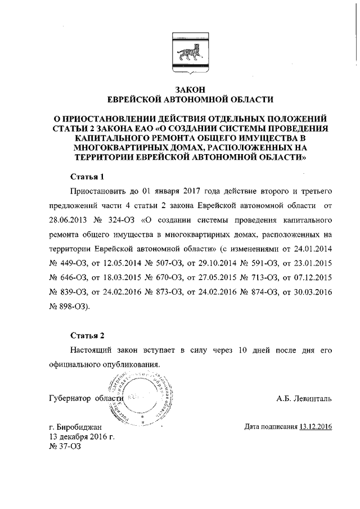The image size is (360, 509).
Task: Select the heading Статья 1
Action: (x=87, y=176)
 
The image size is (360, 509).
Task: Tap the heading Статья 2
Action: (x=87, y=336)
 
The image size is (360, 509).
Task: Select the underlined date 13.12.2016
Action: (x=316, y=427)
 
